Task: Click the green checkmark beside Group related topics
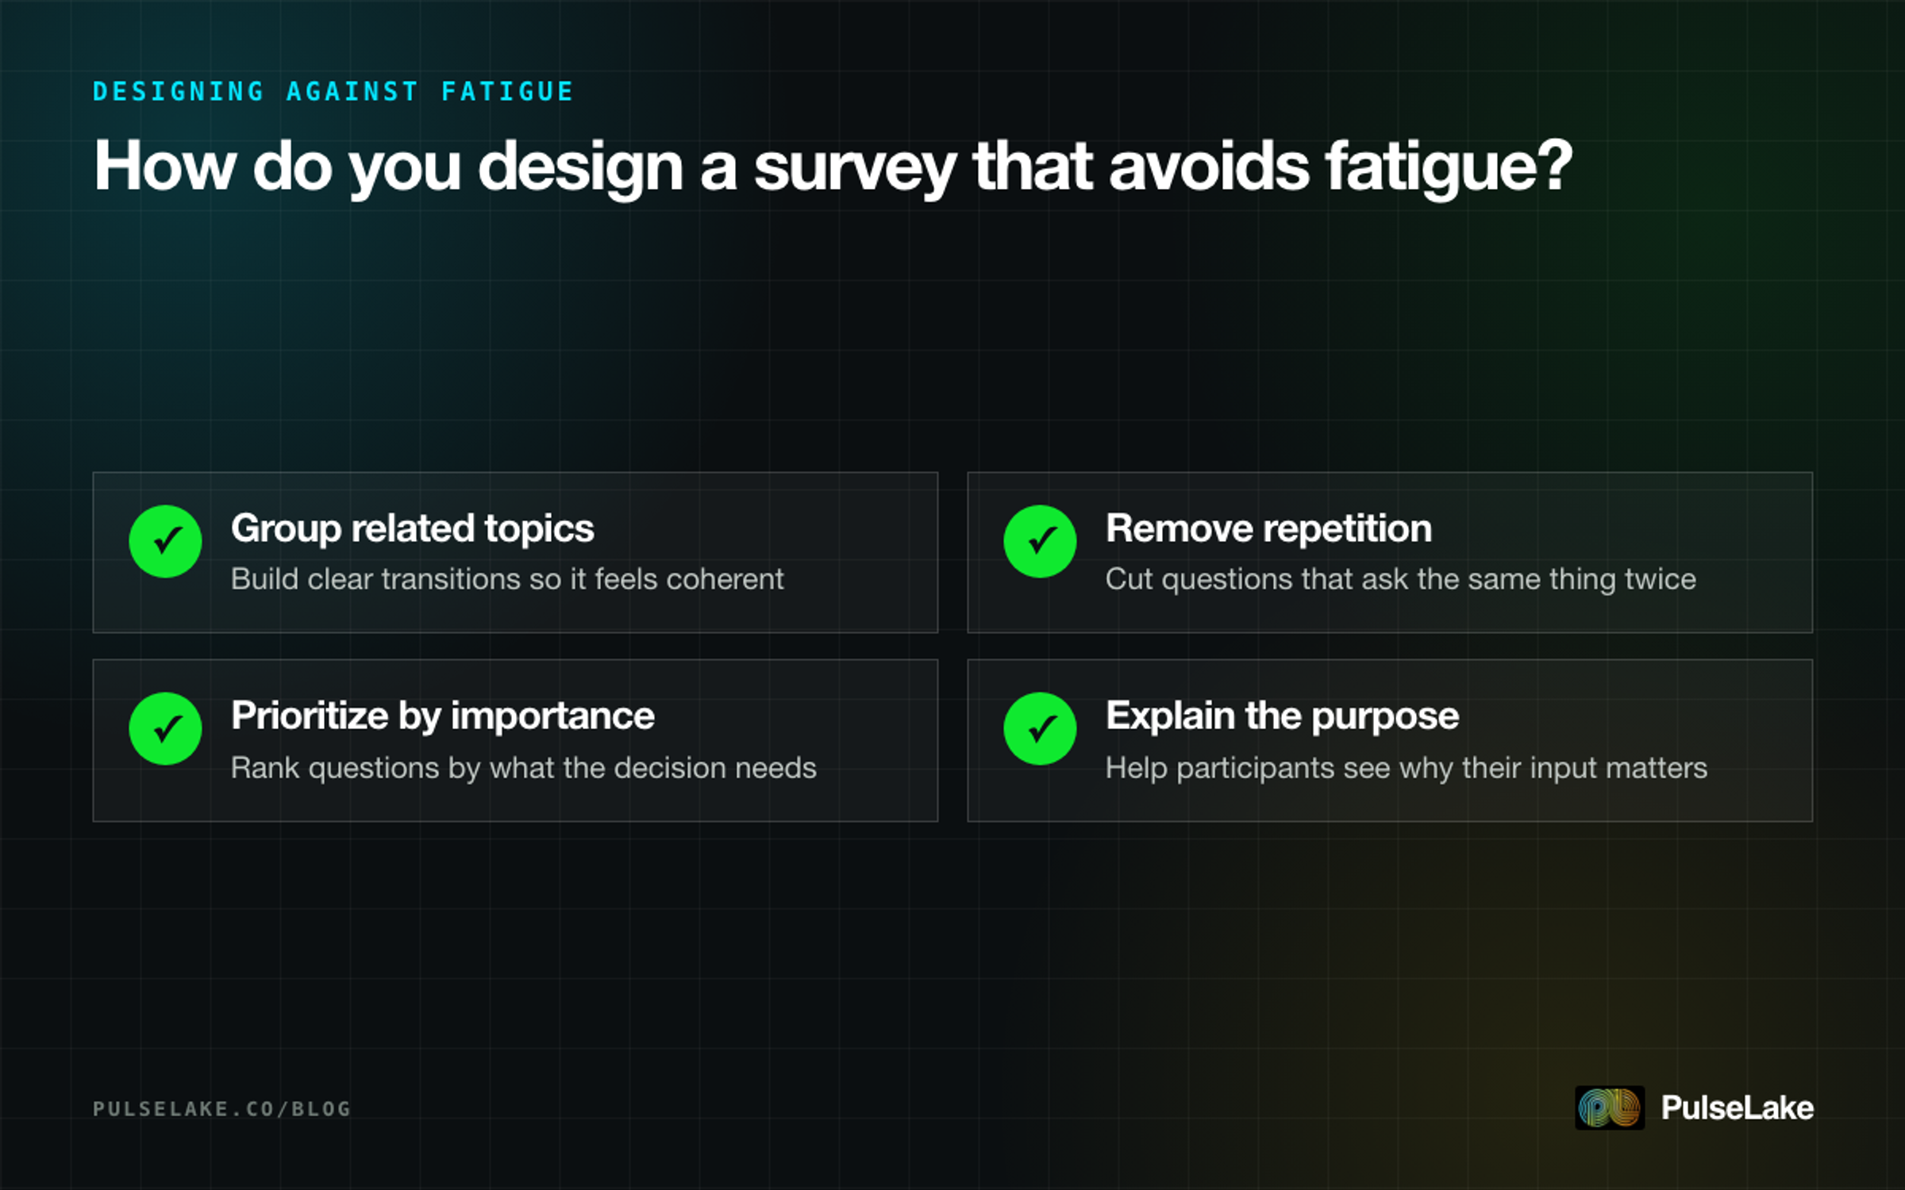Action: point(165,541)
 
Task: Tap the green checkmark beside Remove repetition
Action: point(1040,541)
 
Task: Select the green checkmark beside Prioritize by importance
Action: point(165,728)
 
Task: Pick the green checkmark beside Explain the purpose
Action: point(1040,728)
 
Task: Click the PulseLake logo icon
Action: point(1610,1107)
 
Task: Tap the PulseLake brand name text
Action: point(1737,1107)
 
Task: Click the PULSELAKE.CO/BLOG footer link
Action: point(221,1108)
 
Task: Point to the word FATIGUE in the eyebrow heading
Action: point(507,91)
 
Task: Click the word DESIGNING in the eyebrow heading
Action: point(179,91)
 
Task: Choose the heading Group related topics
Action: point(412,528)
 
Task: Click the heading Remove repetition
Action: point(1268,528)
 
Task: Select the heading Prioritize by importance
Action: point(443,716)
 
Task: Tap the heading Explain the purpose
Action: point(1282,716)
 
